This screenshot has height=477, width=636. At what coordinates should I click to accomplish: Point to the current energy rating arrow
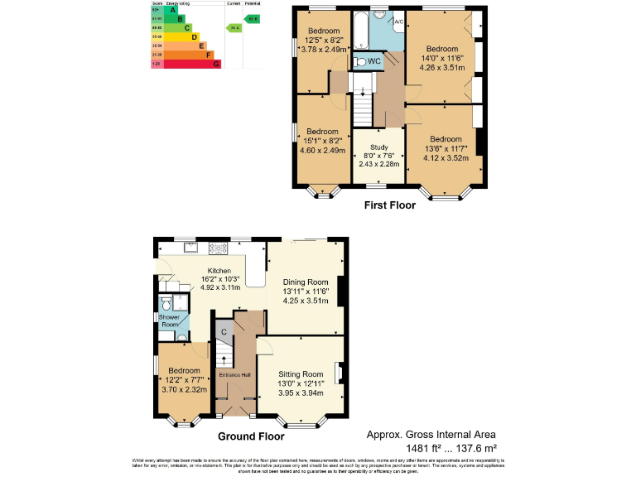[x=234, y=27]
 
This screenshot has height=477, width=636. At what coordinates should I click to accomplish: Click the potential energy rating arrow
[x=252, y=18]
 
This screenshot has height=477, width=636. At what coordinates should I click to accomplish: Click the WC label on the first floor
[x=373, y=61]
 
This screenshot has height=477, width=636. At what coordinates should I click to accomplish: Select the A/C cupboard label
[x=398, y=21]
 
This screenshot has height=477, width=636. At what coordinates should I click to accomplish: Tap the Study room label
[x=378, y=147]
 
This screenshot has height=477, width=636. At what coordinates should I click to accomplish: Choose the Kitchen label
[x=219, y=271]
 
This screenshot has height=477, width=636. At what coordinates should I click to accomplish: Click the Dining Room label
[x=306, y=282]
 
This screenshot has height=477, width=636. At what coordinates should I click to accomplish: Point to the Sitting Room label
[x=301, y=374]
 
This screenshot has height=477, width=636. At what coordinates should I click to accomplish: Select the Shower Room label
[x=169, y=320]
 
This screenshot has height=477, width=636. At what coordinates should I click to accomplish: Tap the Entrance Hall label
[x=235, y=375]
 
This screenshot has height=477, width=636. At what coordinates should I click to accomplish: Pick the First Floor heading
[x=390, y=205]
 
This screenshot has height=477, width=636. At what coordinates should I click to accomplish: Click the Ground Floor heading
[x=251, y=436]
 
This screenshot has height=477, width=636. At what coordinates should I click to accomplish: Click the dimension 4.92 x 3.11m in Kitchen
[x=219, y=288]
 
